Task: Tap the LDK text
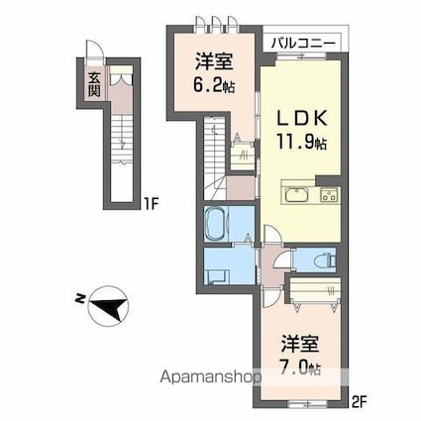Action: [296, 117]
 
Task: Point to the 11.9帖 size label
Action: [296, 142]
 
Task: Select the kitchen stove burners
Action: [328, 192]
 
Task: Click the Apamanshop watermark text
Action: [205, 377]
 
